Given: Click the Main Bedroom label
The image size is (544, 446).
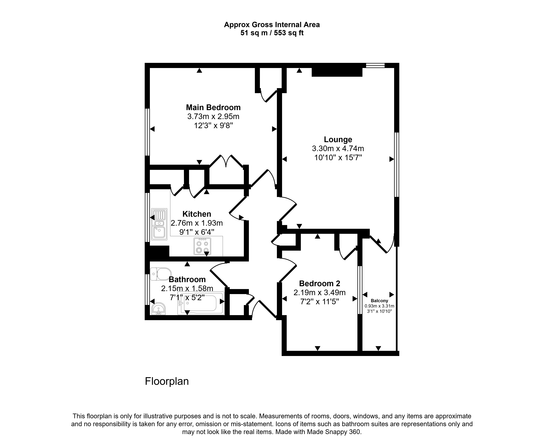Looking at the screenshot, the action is point(213,107).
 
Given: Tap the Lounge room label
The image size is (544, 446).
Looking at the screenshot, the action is point(338,140).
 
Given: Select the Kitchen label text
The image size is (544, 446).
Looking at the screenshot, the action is point(197,214).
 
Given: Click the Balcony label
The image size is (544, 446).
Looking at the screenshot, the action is point(379,301).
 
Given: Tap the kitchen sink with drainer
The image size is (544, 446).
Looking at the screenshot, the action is point(159,224).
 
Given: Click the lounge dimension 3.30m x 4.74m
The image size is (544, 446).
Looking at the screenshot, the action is point(338,149).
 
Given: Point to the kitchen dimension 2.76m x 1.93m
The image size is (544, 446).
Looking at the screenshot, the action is point(197,223).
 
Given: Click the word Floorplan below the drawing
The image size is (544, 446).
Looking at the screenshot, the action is point(167,381).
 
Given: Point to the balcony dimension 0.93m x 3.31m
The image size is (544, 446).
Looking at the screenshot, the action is point(379,306).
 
